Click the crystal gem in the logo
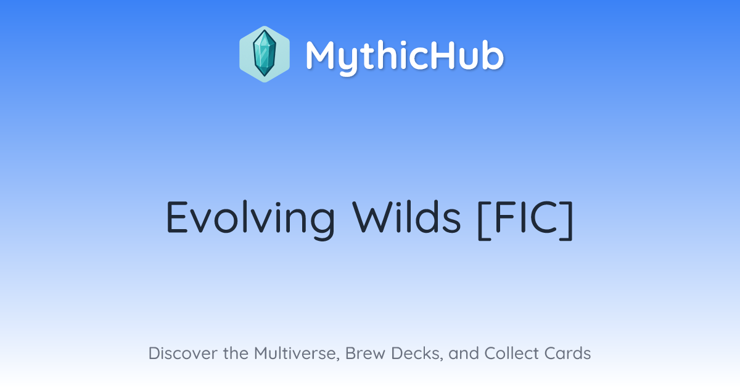265,54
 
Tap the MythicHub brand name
405,57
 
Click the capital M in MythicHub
323,55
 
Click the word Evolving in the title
250,219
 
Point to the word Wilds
406,217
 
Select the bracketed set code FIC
525,219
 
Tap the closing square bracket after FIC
567,220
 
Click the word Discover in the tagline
183,353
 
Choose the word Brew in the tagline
365,353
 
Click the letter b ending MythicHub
493,55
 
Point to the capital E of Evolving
178,217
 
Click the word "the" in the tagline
236,353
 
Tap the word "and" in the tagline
464,353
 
